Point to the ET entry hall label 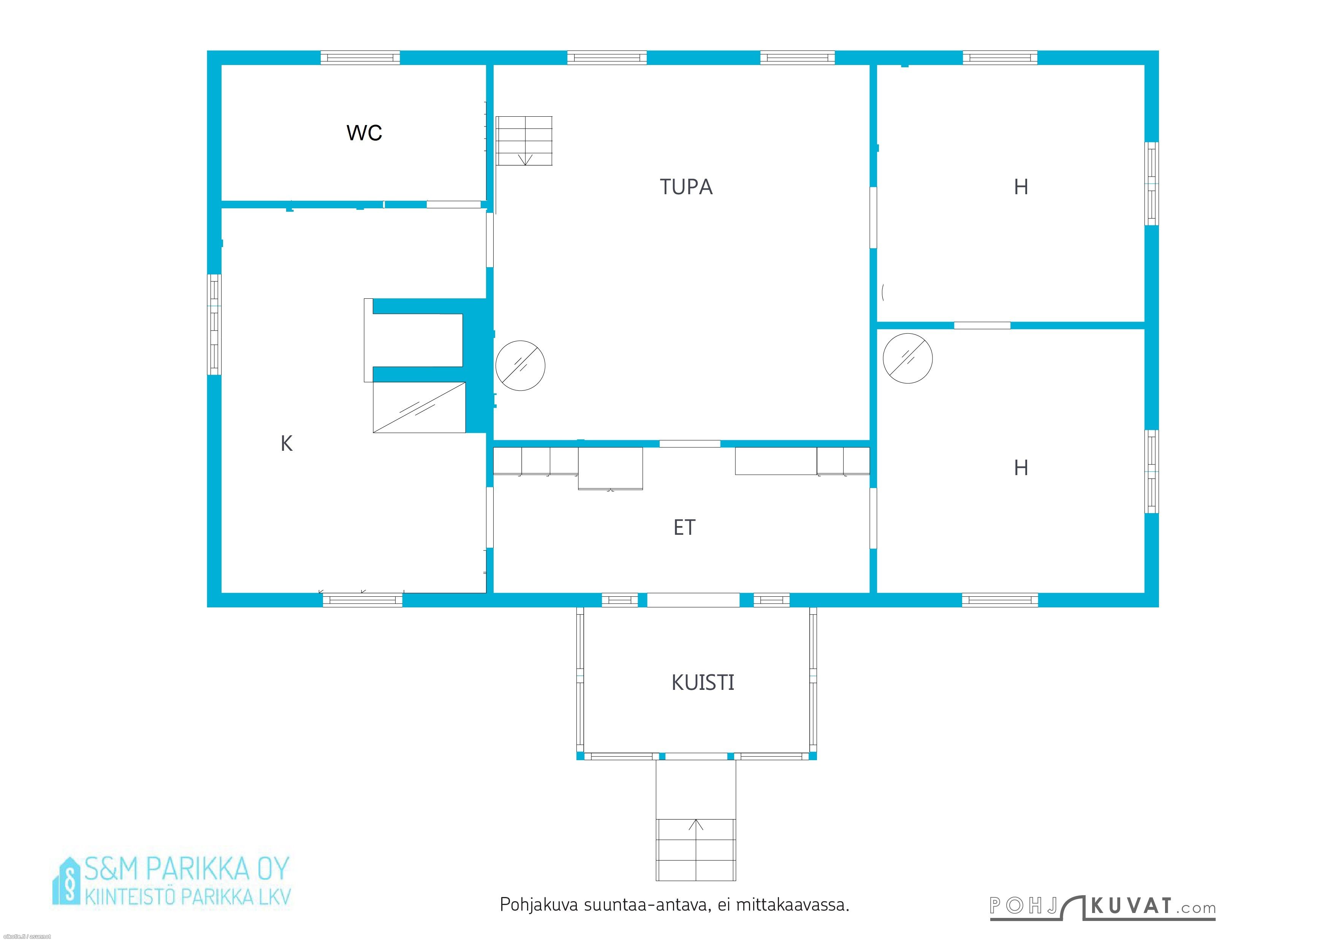[x=684, y=527]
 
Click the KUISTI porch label [x=703, y=682]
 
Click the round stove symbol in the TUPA [x=520, y=365]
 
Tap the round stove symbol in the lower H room [x=907, y=358]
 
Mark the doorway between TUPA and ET [x=690, y=444]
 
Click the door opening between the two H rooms [x=982, y=325]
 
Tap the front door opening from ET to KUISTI [x=693, y=600]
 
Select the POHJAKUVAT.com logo [x=1102, y=907]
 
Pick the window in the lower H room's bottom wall [x=1000, y=600]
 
